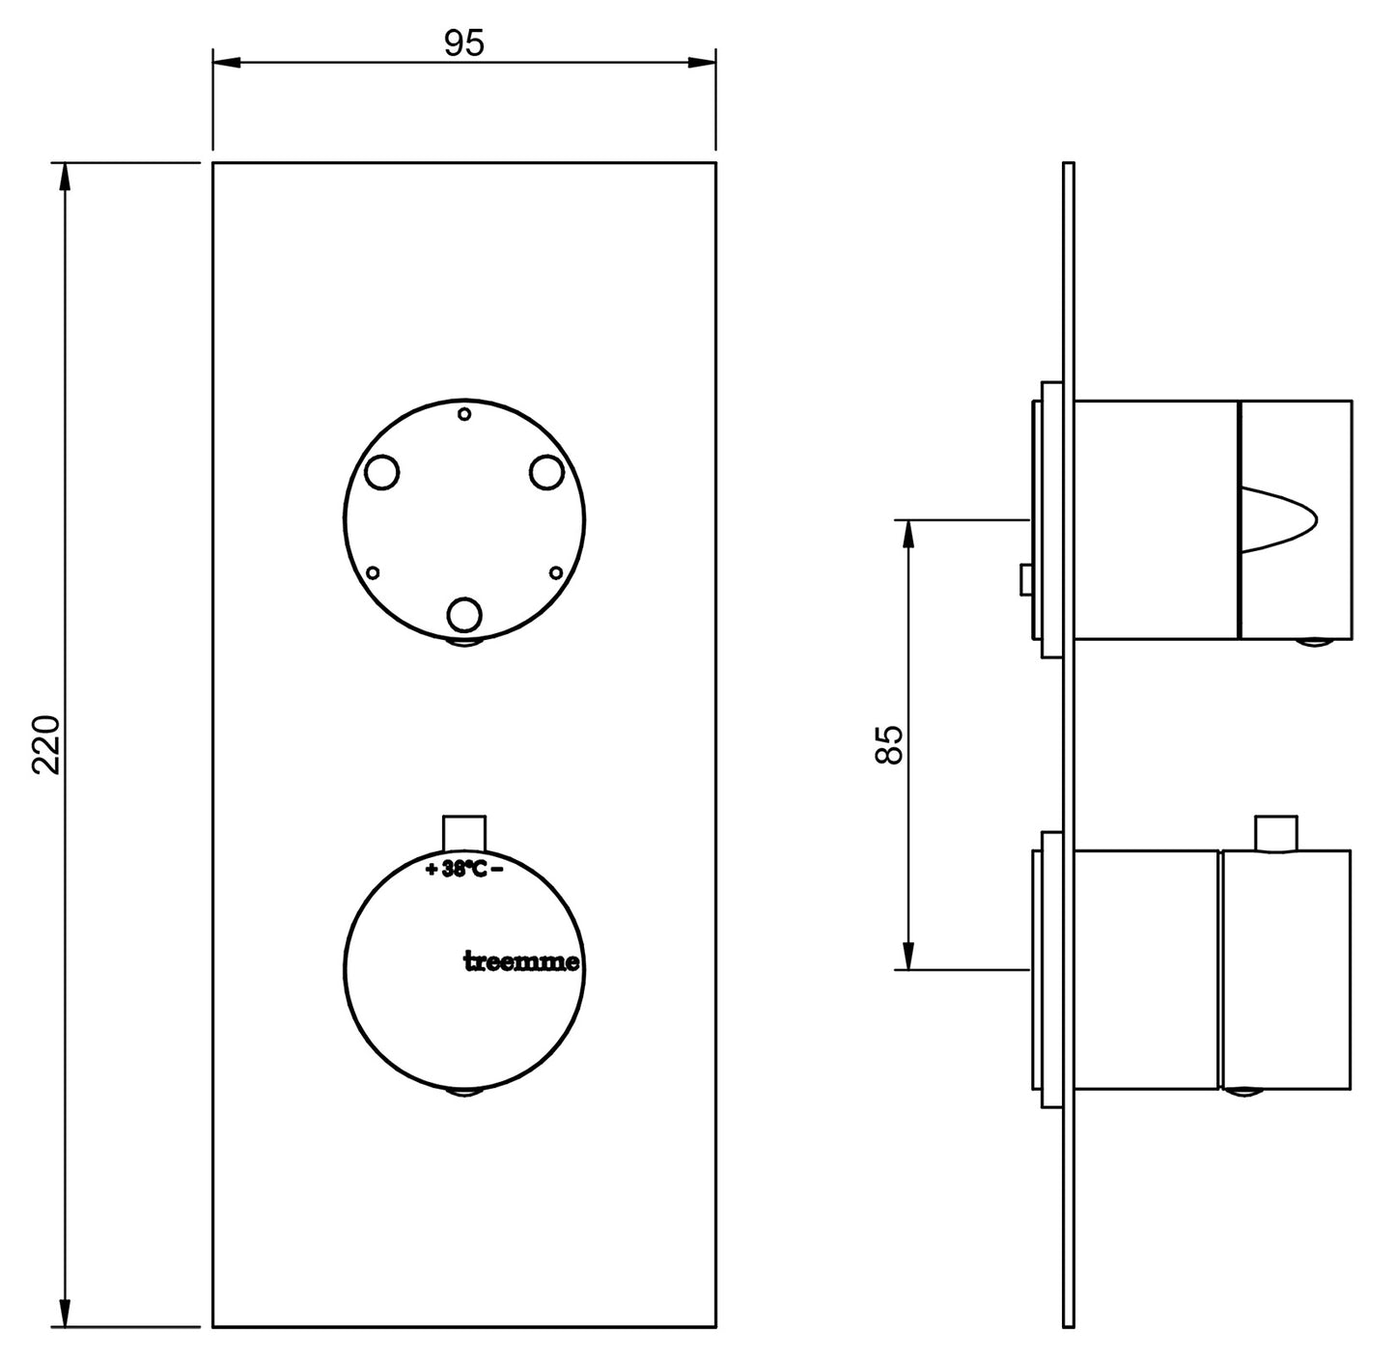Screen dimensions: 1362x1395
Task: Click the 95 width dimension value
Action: click(463, 43)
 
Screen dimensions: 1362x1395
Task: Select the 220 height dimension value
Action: click(46, 744)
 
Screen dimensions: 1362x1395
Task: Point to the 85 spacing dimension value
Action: click(888, 744)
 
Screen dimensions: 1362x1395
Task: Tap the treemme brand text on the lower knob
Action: click(522, 961)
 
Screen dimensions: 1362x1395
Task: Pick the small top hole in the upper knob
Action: click(464, 414)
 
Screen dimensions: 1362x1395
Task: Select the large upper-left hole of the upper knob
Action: click(382, 472)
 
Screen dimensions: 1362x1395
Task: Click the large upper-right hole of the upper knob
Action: click(546, 472)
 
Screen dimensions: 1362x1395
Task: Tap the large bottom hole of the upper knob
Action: click(464, 613)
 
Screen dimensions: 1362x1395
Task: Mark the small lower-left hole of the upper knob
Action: click(374, 572)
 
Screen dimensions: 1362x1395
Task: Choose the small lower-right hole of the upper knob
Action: click(555, 572)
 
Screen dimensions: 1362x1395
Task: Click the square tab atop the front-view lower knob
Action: click(464, 831)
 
